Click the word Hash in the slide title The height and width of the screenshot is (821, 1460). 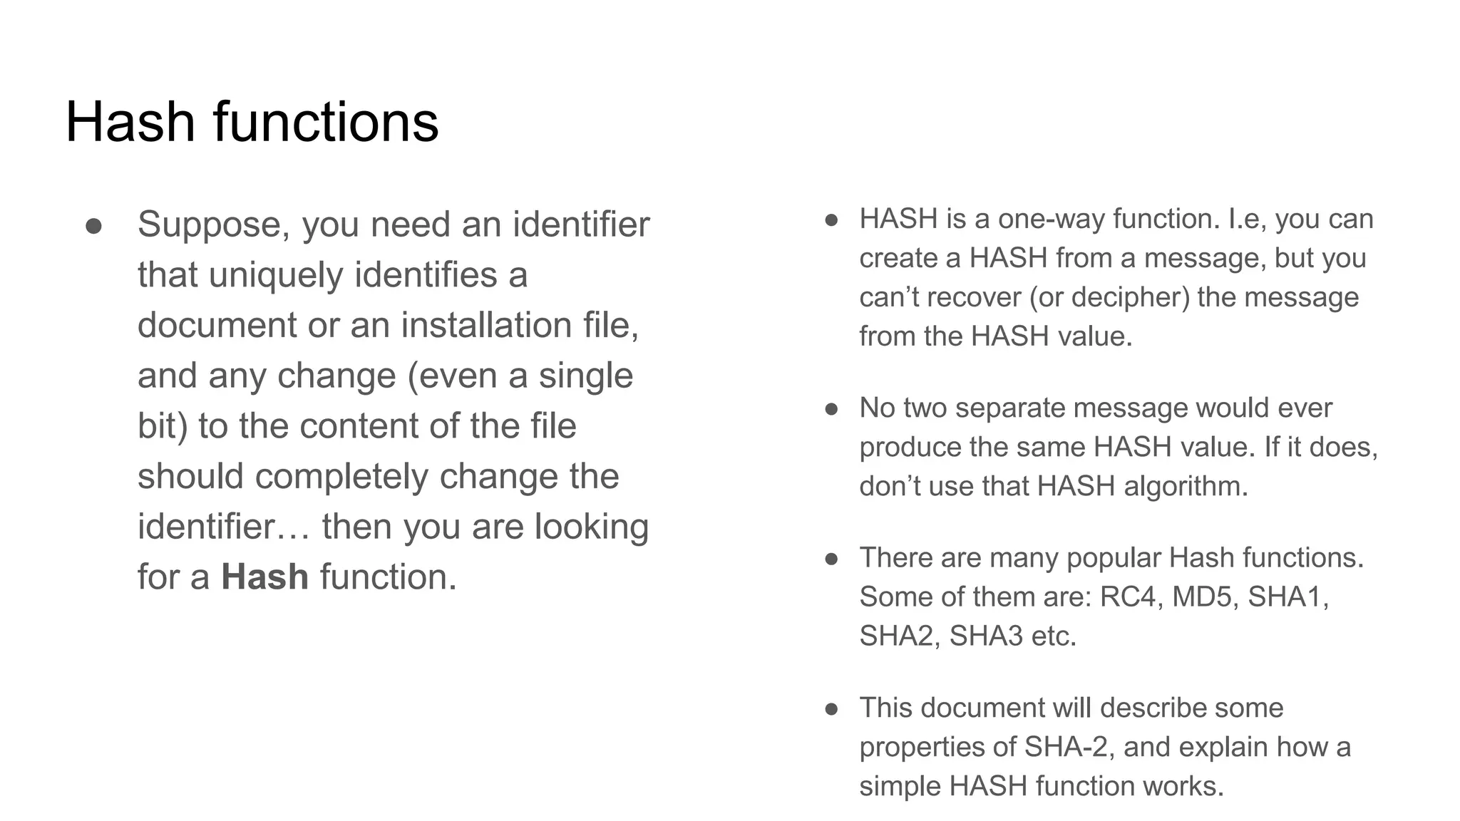click(130, 122)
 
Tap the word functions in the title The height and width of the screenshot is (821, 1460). click(326, 122)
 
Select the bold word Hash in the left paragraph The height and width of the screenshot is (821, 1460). click(264, 577)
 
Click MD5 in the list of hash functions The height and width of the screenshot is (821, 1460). click(1202, 597)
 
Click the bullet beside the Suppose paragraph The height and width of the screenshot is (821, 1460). click(93, 226)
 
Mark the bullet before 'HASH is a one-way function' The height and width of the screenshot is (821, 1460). click(831, 220)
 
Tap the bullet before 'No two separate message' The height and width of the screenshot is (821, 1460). click(831, 409)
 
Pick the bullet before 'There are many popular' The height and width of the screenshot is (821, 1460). click(831, 559)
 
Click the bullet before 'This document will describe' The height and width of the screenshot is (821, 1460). click(831, 709)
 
